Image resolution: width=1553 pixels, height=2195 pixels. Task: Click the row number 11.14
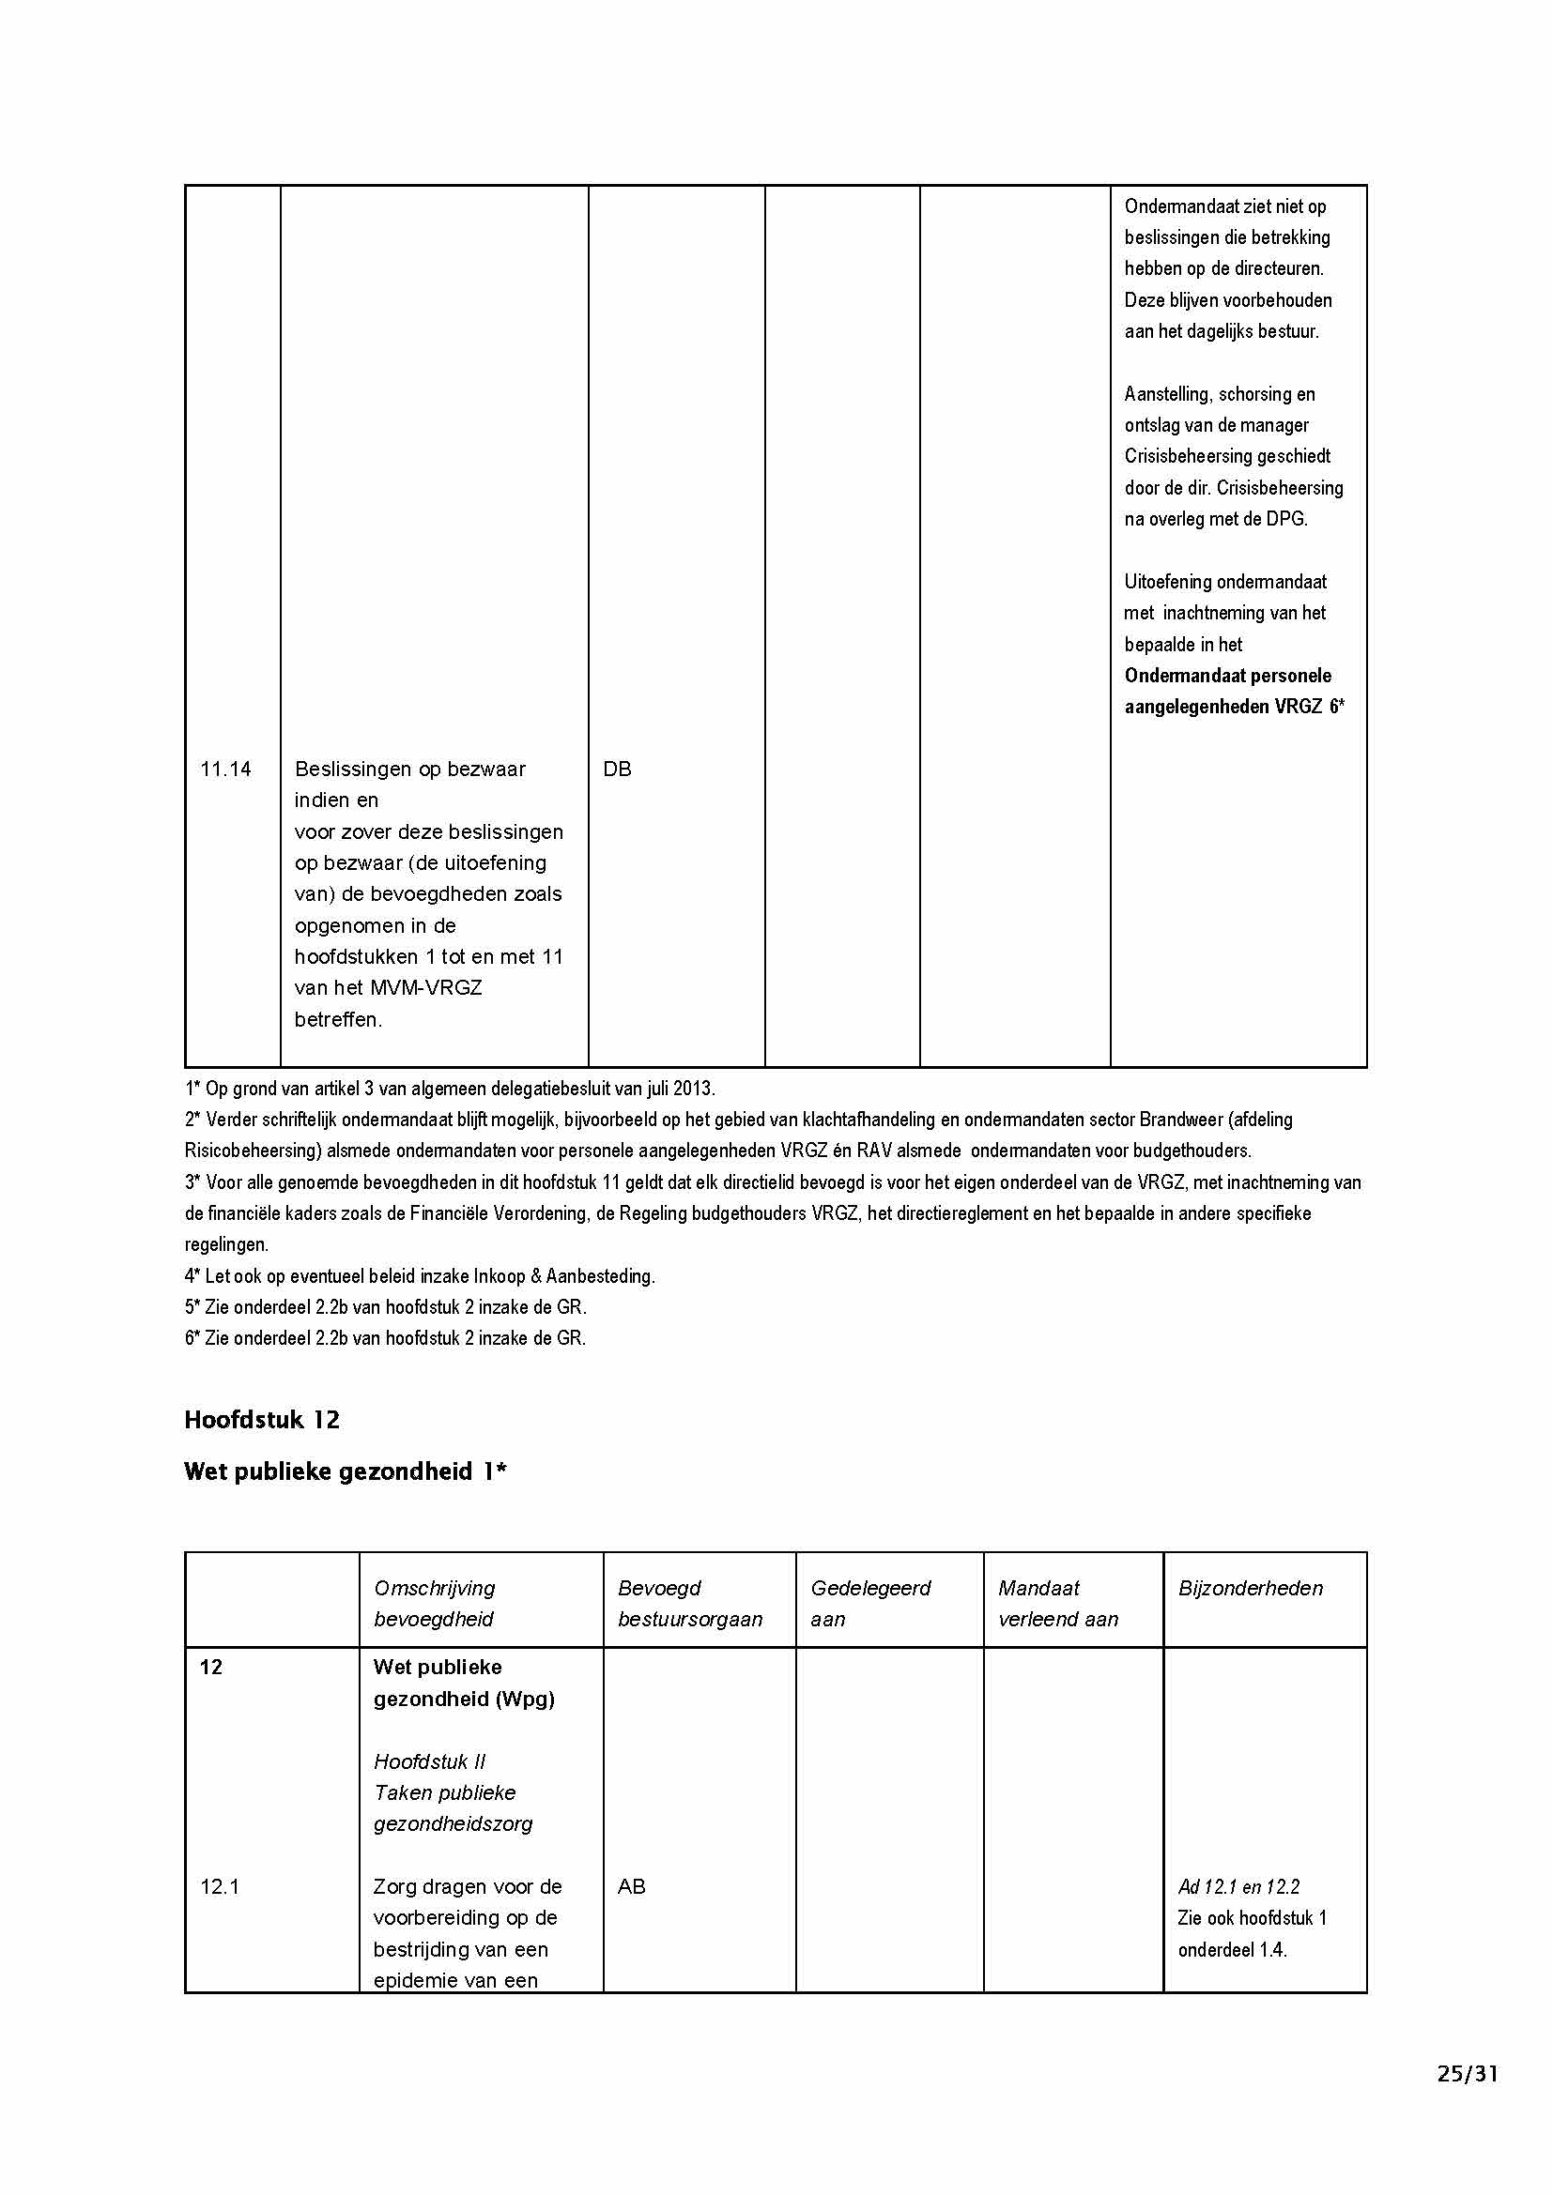pyautogui.click(x=225, y=770)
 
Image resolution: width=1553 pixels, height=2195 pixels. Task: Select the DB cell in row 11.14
pyautogui.click(x=617, y=770)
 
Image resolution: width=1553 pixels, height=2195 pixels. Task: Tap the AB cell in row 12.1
pyautogui.click(x=631, y=1886)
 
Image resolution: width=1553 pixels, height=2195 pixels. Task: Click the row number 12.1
pyautogui.click(x=219, y=1886)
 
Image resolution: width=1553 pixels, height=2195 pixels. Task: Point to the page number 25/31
pyautogui.click(x=1467, y=2074)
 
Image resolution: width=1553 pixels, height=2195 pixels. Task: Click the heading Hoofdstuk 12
pyautogui.click(x=262, y=1420)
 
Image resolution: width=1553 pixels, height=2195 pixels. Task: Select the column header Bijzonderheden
pyautogui.click(x=1250, y=1588)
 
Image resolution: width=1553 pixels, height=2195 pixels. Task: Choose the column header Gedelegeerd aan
pyautogui.click(x=870, y=1603)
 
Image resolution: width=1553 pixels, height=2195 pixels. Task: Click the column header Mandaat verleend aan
pyautogui.click(x=1057, y=1603)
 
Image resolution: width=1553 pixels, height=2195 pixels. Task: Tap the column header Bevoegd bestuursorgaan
pyautogui.click(x=689, y=1603)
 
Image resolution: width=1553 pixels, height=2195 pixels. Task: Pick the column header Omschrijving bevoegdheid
pyautogui.click(x=434, y=1603)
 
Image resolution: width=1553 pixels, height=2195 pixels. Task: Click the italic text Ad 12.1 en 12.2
pyautogui.click(x=1238, y=1886)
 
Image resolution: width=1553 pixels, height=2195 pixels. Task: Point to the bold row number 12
pyautogui.click(x=210, y=1668)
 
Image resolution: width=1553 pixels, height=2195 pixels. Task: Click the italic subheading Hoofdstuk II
pyautogui.click(x=429, y=1761)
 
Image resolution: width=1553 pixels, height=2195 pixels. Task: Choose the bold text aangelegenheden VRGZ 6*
pyautogui.click(x=1234, y=707)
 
